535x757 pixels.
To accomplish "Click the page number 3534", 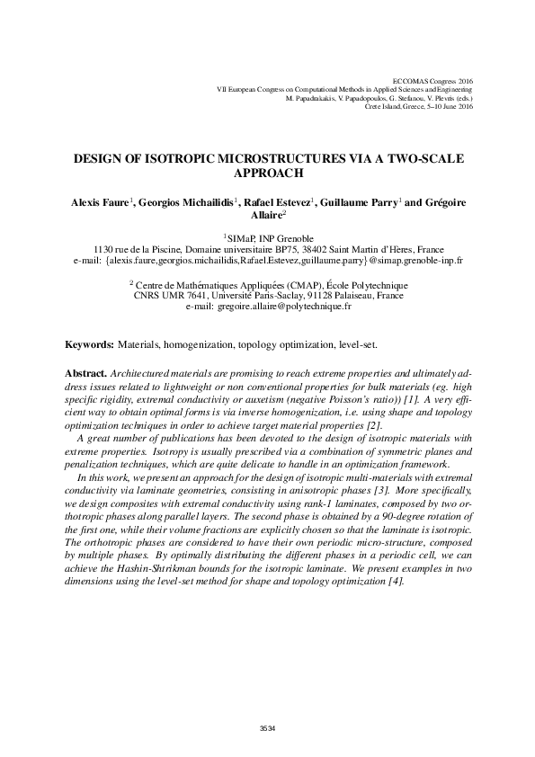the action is coord(267,727).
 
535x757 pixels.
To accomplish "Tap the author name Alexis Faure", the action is coord(100,204).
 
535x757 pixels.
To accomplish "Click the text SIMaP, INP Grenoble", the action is coord(269,238).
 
